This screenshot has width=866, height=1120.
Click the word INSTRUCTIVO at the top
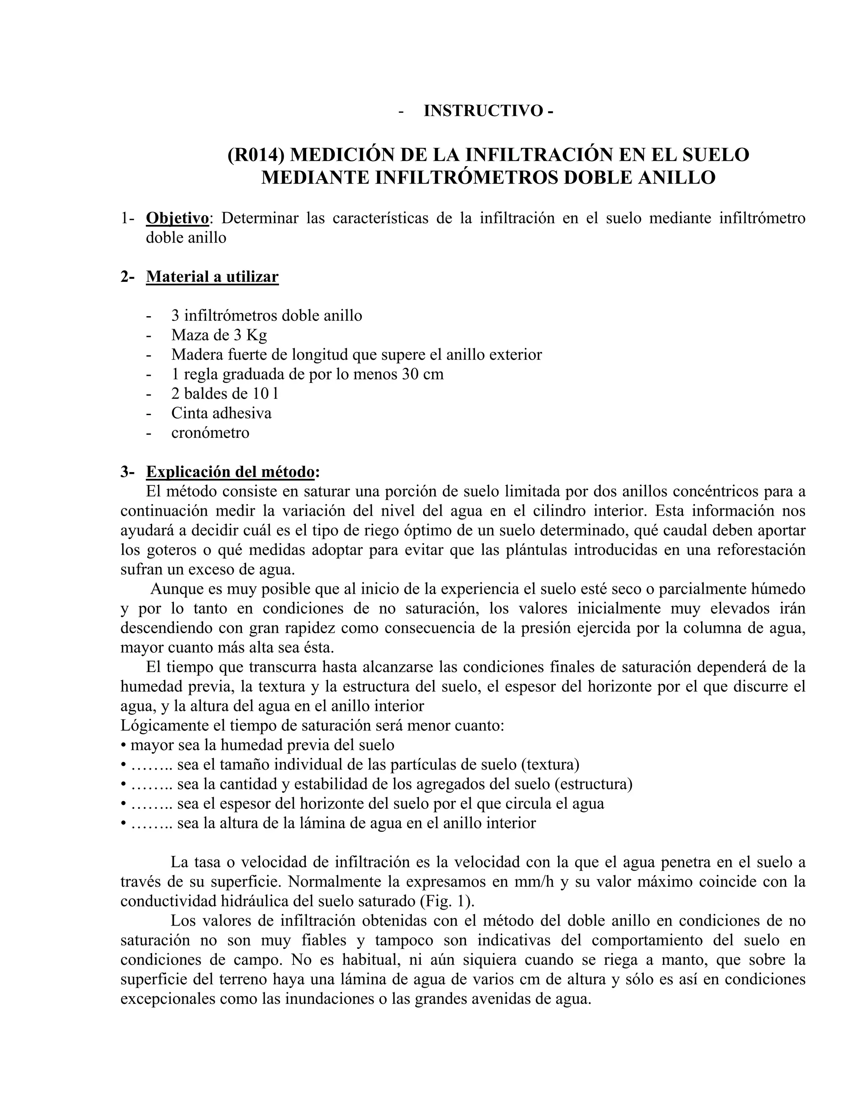click(x=483, y=111)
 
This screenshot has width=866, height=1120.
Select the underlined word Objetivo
click(x=178, y=219)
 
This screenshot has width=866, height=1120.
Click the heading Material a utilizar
click(x=212, y=277)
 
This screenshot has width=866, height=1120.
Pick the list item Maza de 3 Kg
click(x=219, y=336)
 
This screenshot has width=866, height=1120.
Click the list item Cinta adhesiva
click(x=221, y=413)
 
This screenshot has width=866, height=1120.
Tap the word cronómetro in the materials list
click(x=210, y=433)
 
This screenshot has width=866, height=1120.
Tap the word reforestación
click(x=761, y=550)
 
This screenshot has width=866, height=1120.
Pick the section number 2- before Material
click(x=127, y=277)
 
